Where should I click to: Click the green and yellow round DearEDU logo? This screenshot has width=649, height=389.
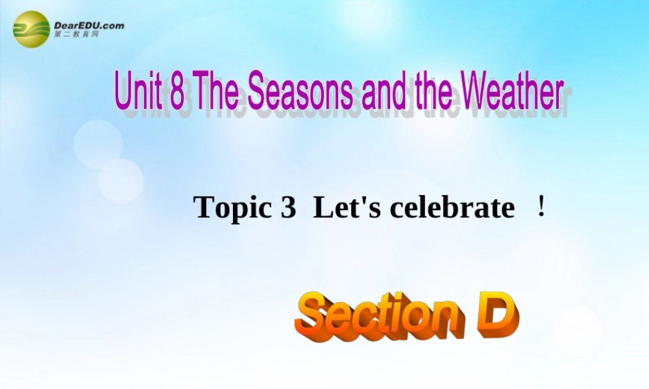coord(31,29)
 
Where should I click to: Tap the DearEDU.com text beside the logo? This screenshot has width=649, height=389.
coord(90,25)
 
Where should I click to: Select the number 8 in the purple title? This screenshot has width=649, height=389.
coord(177,92)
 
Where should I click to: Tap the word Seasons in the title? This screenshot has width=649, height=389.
coord(300,92)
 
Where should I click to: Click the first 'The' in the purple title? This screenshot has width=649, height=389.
coord(217,92)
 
